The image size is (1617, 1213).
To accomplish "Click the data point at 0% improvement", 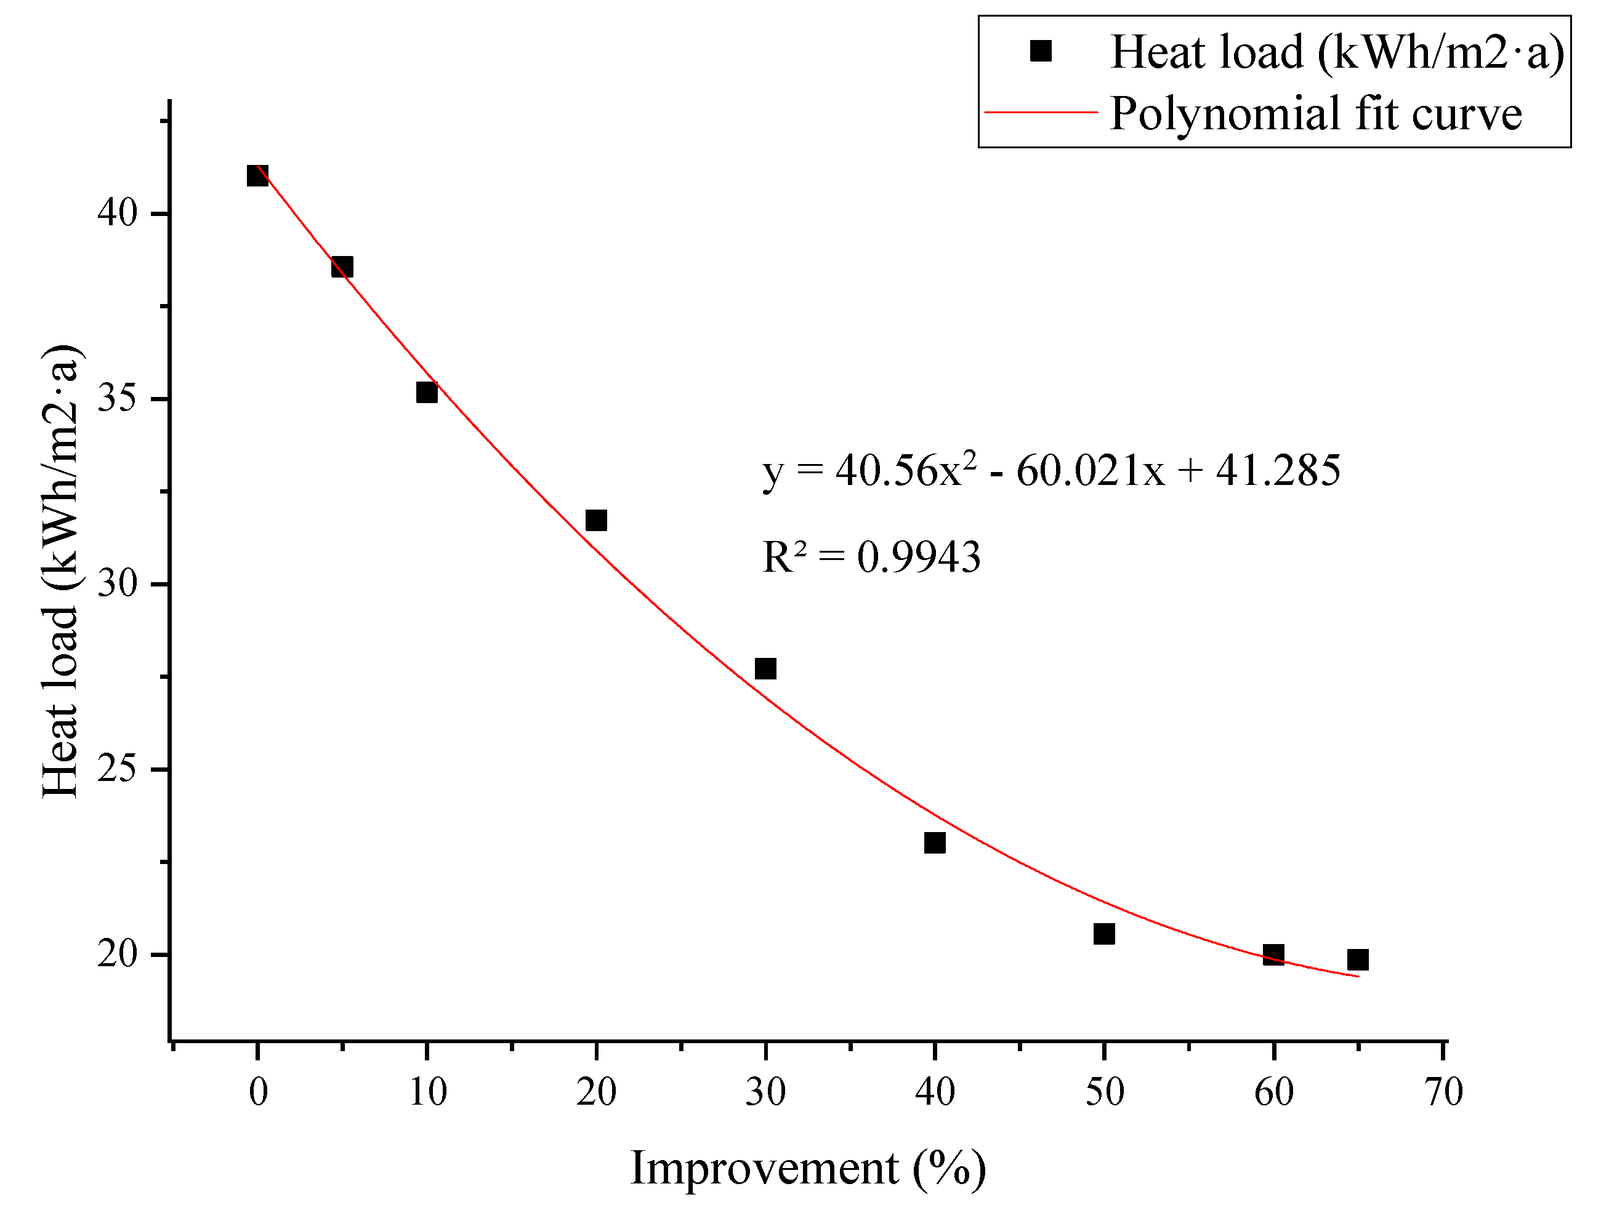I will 257,175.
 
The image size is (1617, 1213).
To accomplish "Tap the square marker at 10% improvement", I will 427,393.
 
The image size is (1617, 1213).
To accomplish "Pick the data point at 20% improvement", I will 597,520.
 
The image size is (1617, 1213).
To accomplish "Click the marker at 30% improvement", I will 765,668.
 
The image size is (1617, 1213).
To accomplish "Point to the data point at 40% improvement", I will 935,843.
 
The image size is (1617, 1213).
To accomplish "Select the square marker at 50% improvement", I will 1105,933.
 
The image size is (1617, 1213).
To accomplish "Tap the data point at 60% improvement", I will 1273,955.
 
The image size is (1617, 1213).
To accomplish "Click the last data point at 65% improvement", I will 1358,959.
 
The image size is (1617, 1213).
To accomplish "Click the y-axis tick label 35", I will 118,399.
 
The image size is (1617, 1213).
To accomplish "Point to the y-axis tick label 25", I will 118,769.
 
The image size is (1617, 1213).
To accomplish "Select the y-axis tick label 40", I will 118,214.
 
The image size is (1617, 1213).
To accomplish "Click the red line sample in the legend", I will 1042,113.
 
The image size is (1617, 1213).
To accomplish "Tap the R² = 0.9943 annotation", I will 871,557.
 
